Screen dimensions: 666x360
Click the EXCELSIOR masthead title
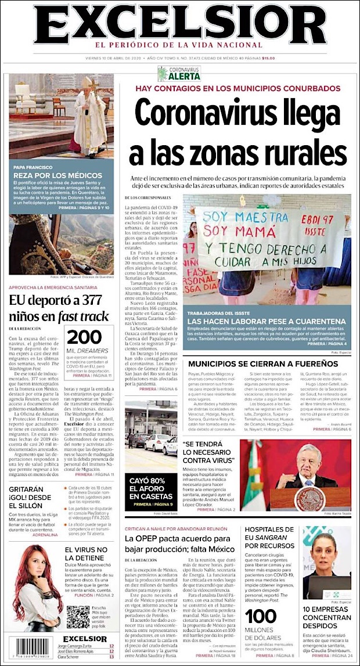click(179, 24)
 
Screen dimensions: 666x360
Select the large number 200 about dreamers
click(85, 337)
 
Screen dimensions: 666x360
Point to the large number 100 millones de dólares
click(261, 616)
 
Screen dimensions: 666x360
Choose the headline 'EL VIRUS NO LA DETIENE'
click(87, 554)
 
